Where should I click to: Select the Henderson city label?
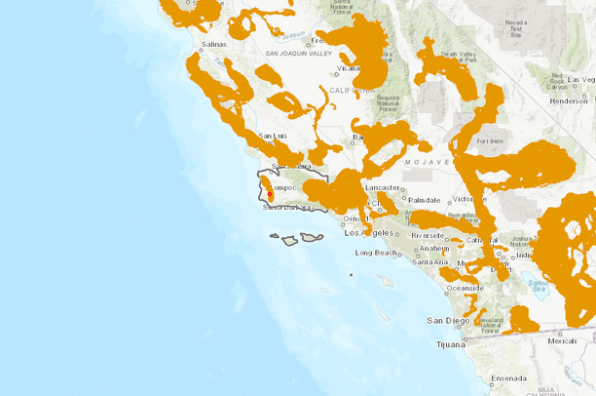[x=568, y=100]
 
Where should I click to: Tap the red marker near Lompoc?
[x=270, y=196]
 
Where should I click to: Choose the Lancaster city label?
[x=382, y=186]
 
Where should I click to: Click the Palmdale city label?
[x=425, y=199]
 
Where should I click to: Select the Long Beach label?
[x=376, y=253]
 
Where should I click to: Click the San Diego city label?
[x=448, y=320]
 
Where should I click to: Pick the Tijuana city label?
[x=451, y=343]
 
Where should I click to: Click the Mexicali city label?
[x=561, y=341]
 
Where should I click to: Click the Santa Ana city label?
[x=429, y=261]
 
